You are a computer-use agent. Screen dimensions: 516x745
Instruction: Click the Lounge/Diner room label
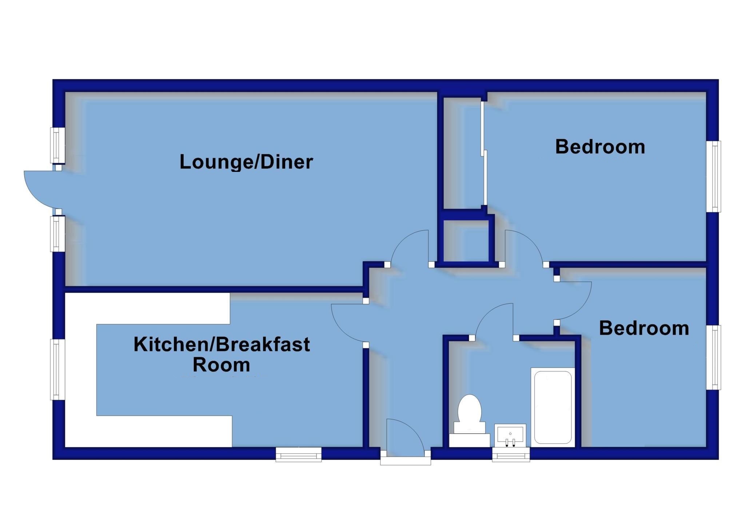[246, 162]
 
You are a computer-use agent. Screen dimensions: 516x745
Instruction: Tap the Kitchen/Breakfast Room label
[222, 354]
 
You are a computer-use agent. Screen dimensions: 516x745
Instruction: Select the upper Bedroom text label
[600, 147]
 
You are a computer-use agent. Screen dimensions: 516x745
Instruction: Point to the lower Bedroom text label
[644, 328]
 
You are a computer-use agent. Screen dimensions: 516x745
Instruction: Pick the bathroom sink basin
[510, 436]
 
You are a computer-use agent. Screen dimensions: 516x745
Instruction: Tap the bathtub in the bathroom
[553, 407]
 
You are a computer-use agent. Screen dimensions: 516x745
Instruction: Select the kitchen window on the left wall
[57, 370]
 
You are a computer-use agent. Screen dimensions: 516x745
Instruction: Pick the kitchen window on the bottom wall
[298, 454]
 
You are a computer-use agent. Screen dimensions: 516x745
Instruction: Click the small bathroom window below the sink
[511, 454]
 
